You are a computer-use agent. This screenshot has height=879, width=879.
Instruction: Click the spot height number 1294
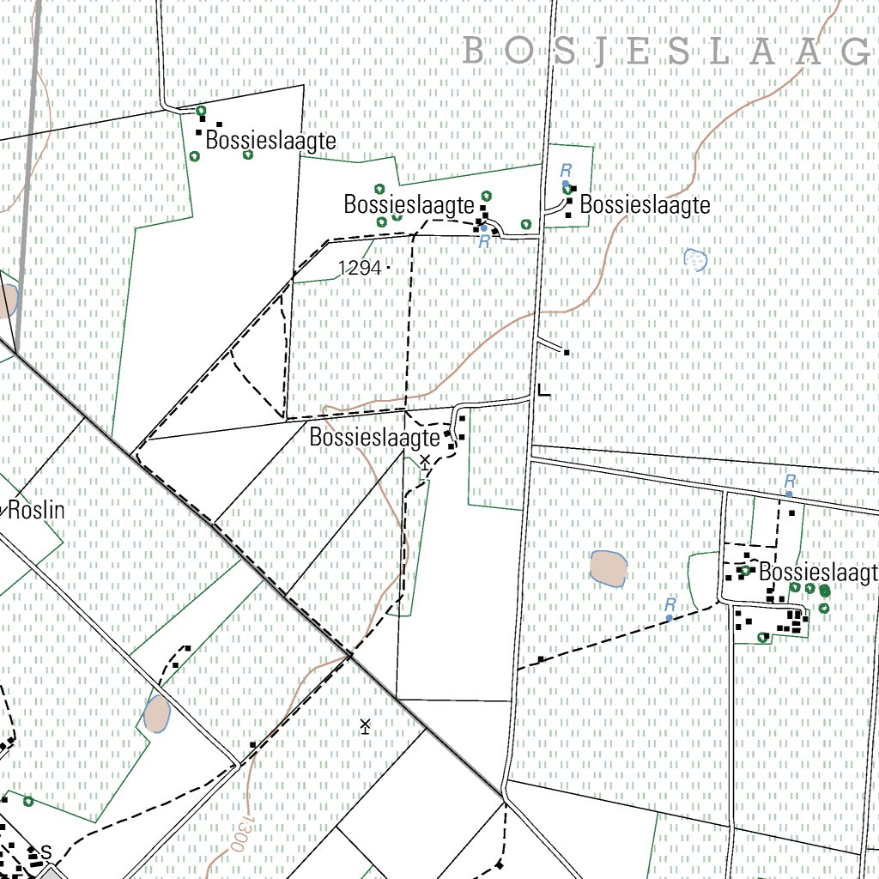tap(360, 268)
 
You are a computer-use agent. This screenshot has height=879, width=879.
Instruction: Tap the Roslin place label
tap(36, 510)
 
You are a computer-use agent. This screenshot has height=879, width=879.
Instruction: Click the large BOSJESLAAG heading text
tap(670, 52)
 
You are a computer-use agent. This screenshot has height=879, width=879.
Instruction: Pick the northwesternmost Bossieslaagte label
tap(271, 141)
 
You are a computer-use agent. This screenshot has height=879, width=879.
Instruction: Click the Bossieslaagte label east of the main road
tap(646, 205)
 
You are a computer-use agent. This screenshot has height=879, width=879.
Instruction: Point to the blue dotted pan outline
tap(696, 258)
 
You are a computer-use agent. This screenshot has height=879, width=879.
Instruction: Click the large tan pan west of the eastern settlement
tap(609, 568)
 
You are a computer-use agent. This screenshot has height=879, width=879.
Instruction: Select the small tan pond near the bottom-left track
tap(157, 715)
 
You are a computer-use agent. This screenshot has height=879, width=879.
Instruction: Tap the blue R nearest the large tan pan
tap(670, 605)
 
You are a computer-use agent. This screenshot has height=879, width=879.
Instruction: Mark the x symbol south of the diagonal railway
tap(365, 726)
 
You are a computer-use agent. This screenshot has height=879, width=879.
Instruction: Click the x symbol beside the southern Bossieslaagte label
tap(424, 461)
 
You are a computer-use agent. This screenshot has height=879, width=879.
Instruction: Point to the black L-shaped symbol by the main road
tap(543, 391)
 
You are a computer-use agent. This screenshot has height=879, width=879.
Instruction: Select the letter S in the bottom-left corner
tap(46, 851)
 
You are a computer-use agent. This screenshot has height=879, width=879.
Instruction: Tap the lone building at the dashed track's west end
tap(541, 659)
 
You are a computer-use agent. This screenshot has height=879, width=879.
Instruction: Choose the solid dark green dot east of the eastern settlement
tap(825, 591)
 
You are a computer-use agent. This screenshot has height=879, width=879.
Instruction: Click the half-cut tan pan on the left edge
tap(8, 301)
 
